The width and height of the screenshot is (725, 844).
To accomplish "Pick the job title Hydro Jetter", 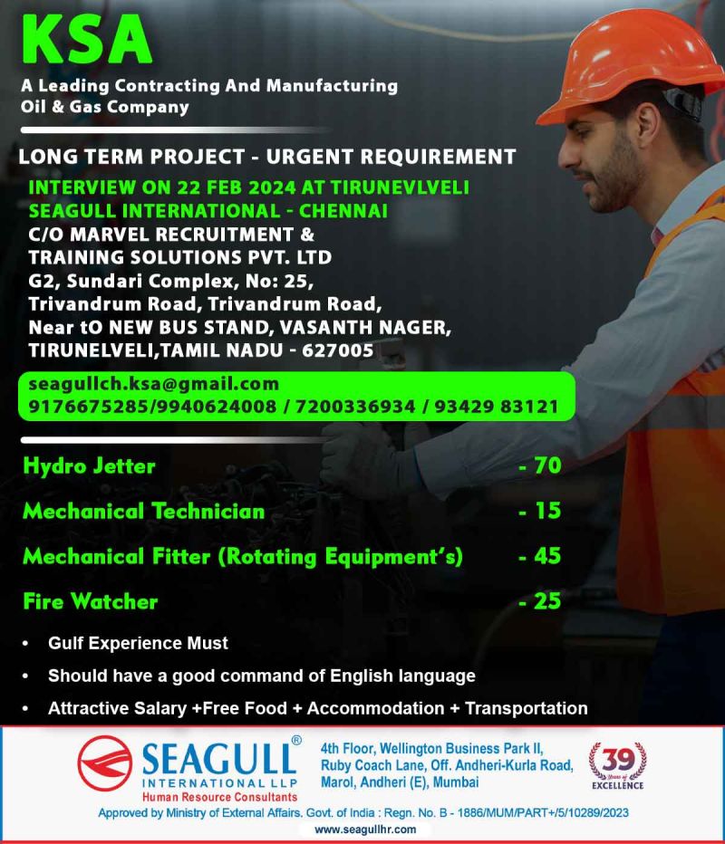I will (89, 466).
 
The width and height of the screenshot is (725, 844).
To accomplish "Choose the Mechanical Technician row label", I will (143, 511).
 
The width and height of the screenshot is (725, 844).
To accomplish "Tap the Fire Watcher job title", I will (91, 600).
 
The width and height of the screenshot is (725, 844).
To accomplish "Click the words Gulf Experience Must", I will (138, 644).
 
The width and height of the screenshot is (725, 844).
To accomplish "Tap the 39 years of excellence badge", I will (618, 763).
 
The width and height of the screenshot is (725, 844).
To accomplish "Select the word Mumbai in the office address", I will (456, 782).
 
